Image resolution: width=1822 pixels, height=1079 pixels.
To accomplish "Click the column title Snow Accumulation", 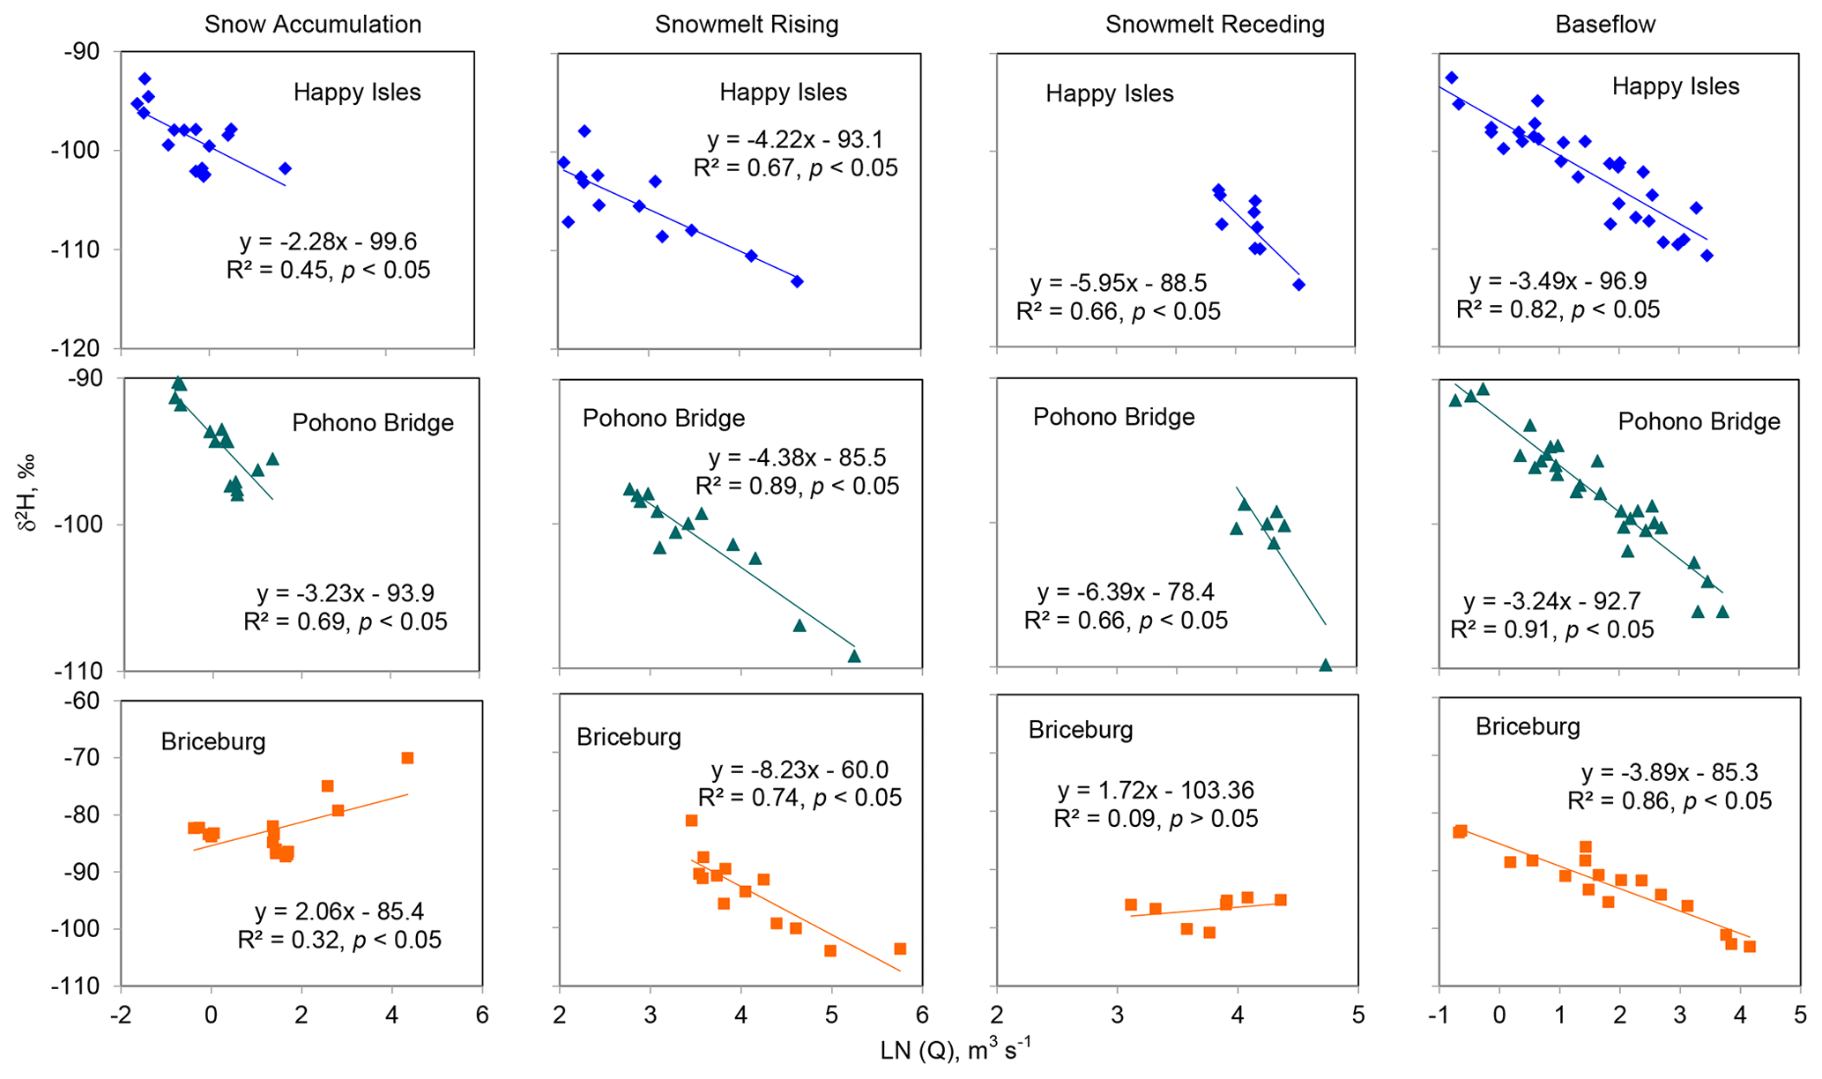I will coord(312,24).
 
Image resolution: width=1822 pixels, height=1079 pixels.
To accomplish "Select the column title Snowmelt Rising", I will coord(746,24).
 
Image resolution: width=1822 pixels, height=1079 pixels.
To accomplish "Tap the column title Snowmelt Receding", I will coord(1214,24).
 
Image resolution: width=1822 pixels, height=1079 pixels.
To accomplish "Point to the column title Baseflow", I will coord(1605,24).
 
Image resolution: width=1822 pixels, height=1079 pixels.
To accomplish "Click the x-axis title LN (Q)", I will coord(955,1051).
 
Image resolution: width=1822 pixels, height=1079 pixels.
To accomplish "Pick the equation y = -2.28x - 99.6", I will coord(328,242).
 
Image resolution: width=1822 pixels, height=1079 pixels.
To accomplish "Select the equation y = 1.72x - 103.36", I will coord(1155,790).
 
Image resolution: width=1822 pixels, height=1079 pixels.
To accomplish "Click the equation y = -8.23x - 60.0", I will coord(799,770).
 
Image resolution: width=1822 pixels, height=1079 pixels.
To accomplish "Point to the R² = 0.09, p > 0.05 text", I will coord(1156,818).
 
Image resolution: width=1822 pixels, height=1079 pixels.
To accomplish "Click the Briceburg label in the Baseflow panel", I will coord(1528,726).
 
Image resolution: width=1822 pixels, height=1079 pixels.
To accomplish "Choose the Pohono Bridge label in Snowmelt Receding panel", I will coord(1113,416).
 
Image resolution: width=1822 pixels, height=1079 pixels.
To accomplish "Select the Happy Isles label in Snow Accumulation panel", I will coord(357,93).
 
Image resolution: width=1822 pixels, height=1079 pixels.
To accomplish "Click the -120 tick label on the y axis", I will coord(82,348).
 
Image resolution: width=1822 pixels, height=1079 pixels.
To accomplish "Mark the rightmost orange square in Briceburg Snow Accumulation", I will coord(407,758).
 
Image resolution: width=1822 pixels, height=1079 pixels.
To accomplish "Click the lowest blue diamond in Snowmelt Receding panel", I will coord(1298,285).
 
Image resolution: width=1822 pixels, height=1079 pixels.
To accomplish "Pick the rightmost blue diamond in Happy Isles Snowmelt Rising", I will coord(797,281).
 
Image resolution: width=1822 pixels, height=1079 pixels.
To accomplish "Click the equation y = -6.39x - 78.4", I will coord(1126,592).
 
